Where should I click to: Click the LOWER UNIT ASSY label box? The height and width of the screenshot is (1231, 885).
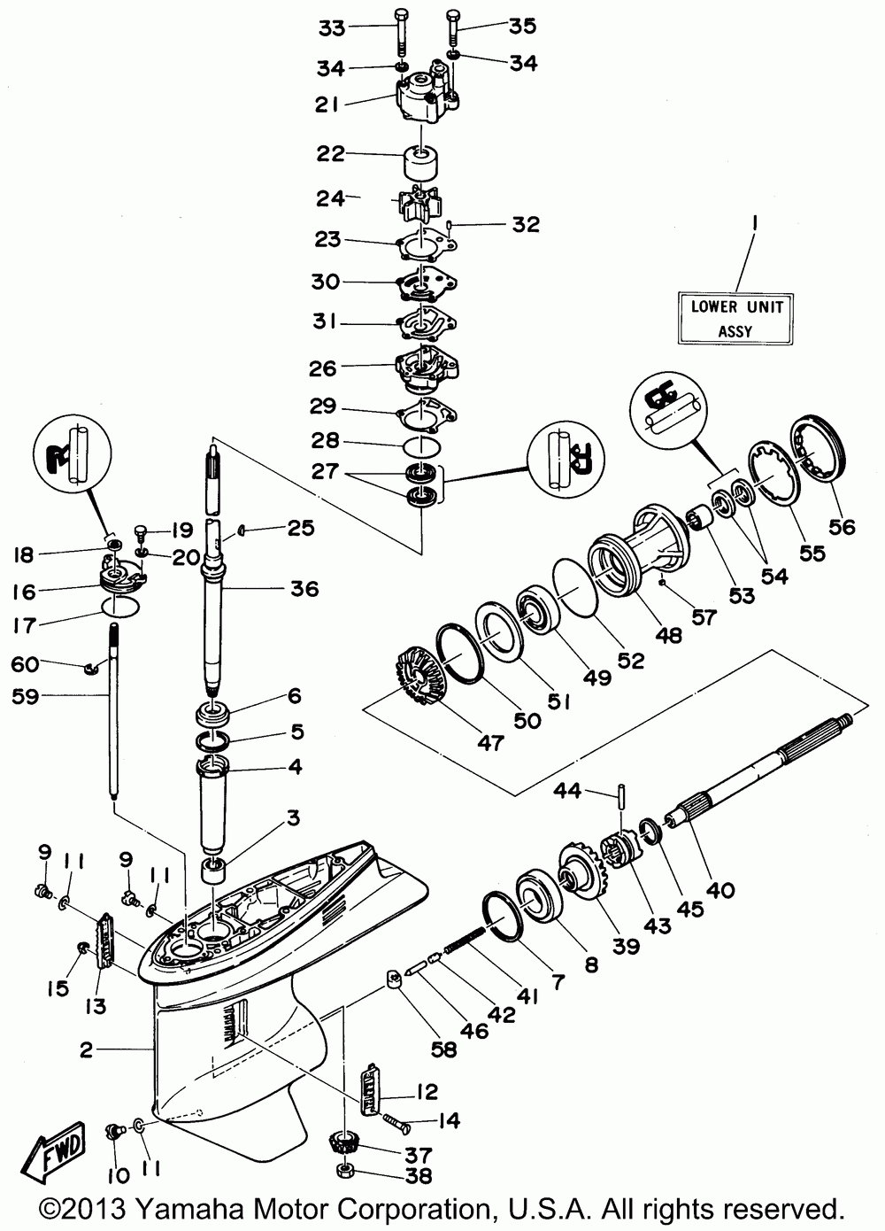[731, 319]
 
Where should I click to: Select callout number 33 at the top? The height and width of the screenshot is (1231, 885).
[307, 27]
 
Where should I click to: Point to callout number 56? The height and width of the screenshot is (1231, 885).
[842, 526]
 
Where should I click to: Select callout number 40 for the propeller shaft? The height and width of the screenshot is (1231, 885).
[720, 891]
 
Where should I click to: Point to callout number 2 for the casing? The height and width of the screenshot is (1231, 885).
[86, 1050]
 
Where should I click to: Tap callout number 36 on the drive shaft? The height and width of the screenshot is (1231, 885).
[304, 589]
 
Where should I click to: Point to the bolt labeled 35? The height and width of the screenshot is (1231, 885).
[454, 25]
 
